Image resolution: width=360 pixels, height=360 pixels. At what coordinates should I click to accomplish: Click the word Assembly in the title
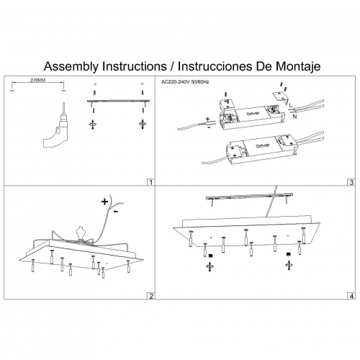[71, 66]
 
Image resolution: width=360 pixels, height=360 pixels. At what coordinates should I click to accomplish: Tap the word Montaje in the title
[298, 66]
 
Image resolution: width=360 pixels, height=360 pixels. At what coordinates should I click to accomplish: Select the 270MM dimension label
[37, 81]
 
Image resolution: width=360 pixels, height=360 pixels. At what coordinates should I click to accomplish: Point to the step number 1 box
[150, 182]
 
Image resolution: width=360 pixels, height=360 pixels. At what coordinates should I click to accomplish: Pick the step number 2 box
[150, 296]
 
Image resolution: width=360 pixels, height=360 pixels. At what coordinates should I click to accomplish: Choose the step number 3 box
[351, 182]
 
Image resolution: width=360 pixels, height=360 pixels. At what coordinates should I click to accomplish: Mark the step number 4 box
[351, 296]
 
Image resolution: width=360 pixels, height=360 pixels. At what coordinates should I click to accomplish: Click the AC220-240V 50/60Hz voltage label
[185, 82]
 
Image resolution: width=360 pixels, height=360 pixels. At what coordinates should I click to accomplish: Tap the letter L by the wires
[291, 105]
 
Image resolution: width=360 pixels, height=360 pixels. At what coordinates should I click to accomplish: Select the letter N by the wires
[294, 117]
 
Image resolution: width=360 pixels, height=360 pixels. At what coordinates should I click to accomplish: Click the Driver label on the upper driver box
[253, 113]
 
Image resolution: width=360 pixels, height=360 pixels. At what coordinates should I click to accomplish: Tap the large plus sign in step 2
[104, 202]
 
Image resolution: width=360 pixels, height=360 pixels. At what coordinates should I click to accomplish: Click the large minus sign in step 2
[116, 212]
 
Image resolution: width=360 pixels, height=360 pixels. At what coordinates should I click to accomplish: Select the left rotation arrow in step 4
[210, 266]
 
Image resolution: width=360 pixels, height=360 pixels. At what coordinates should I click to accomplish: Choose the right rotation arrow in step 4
[289, 266]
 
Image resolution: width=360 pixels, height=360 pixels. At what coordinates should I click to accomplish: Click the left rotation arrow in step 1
[93, 125]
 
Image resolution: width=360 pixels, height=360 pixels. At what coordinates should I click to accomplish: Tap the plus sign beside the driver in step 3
[207, 119]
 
